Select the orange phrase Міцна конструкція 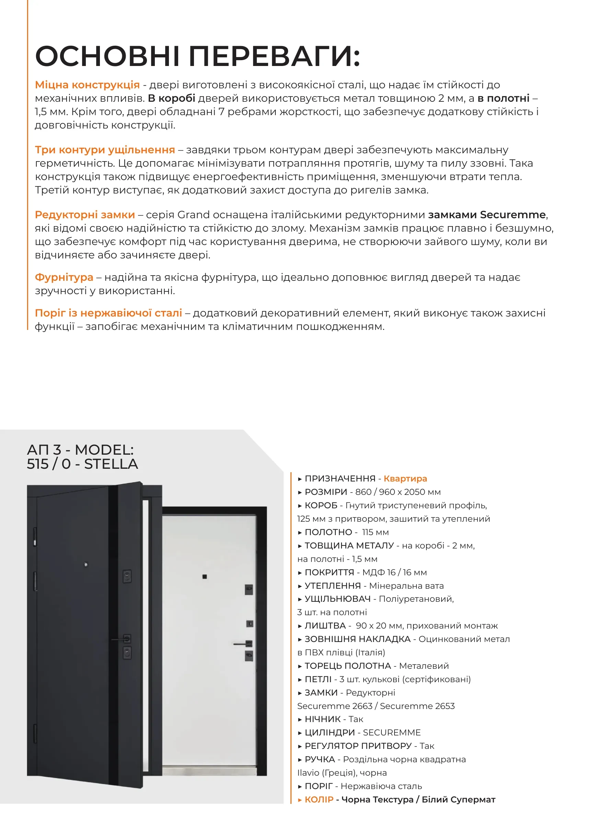87,85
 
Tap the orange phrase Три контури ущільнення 105,150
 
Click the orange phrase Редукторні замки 84,215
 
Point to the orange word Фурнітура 64,277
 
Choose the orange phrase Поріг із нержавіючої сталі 108,313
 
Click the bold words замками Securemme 487,215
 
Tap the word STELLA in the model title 111,464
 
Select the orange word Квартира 405,478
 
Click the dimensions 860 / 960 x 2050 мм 398,492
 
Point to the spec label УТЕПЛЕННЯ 332,586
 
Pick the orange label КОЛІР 319,799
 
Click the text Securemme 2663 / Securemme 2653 376,706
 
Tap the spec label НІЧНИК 322,719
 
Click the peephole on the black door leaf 86,565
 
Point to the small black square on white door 205,577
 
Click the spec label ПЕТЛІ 318,679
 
